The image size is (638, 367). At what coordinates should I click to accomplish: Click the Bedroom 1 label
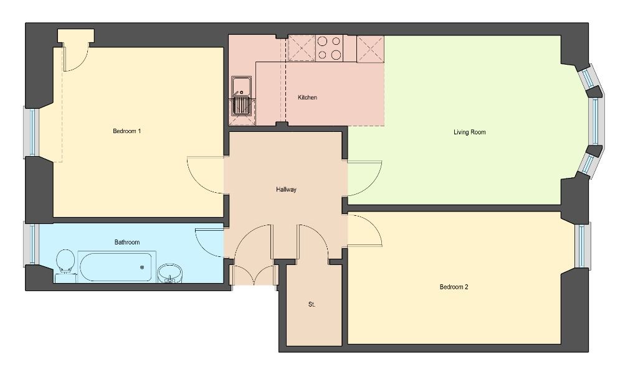[127, 131]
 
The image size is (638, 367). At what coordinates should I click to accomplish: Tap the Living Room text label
[470, 132]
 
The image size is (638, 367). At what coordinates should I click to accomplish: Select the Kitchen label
[307, 98]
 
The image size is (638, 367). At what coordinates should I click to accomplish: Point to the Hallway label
[286, 189]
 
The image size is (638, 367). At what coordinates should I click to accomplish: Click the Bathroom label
[127, 242]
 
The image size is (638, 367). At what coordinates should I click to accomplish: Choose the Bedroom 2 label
[454, 287]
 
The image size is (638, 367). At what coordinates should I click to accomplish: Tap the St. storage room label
[312, 304]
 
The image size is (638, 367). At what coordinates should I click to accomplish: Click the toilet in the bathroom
[65, 264]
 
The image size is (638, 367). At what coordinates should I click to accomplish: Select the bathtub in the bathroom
[117, 267]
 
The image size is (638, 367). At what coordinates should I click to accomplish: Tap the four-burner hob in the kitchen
[329, 48]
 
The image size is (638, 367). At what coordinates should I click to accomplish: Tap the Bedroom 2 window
[583, 245]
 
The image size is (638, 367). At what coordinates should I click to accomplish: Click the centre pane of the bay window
[594, 121]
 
